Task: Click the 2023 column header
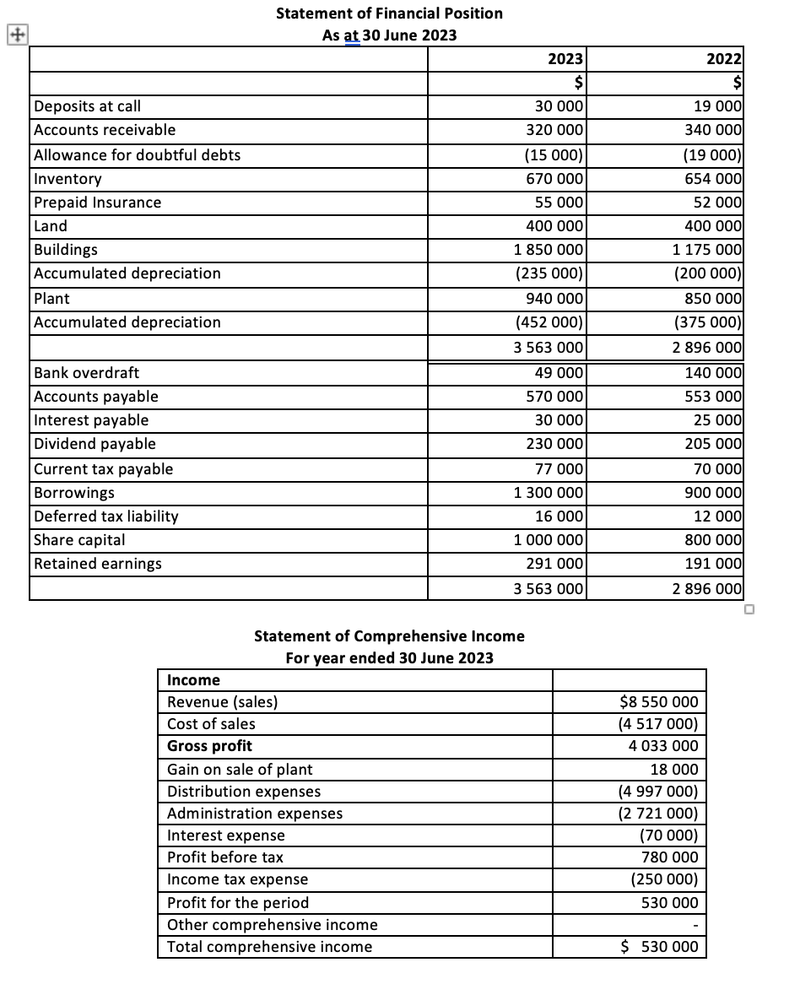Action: pos(564,59)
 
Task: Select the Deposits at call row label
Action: pos(87,106)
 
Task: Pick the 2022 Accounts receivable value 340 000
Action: pos(716,130)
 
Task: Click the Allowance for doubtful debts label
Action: pos(137,155)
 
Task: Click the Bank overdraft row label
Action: pos(86,373)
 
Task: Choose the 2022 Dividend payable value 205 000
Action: pos(716,444)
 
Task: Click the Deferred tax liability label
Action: pos(105,516)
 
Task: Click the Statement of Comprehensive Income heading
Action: pos(389,636)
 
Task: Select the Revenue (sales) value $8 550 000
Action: pos(658,702)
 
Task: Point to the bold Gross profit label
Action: pos(209,746)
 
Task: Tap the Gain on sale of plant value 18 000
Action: pos(673,770)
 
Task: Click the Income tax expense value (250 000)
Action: pos(664,879)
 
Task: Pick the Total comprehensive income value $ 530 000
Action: pos(659,947)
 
